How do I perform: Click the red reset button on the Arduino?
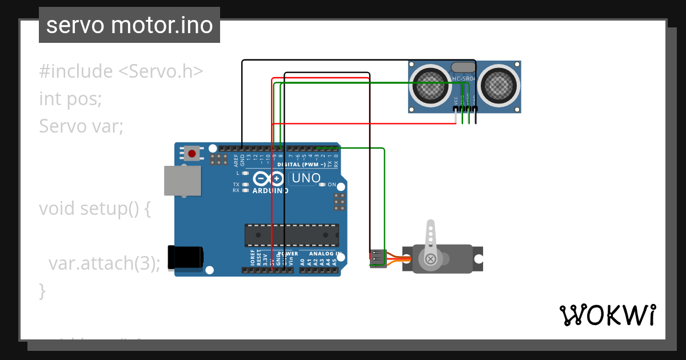pos(192,153)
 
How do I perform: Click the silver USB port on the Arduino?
pos(182,181)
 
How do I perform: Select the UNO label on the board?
pos(306,178)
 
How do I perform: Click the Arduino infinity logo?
pos(269,178)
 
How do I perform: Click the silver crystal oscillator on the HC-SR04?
pos(463,67)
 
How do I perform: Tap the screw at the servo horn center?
pos(430,259)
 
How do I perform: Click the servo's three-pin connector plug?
pos(378,258)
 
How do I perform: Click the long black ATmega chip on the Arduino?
pos(292,235)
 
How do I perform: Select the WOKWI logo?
pos(607,315)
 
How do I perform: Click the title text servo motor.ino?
pos(129,25)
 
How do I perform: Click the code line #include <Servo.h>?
pos(121,71)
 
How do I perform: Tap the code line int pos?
pos(70,98)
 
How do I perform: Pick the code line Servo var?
pos(81,126)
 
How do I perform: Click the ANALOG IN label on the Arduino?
pos(325,253)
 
